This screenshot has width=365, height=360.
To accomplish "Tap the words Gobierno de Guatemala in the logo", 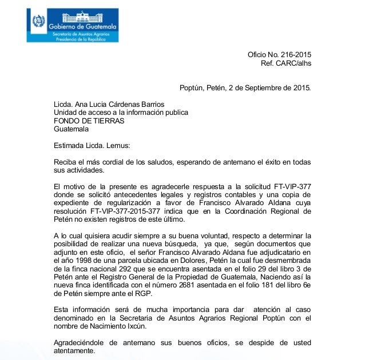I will (84, 27).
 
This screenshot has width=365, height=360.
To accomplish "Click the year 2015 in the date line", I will (301, 88).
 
